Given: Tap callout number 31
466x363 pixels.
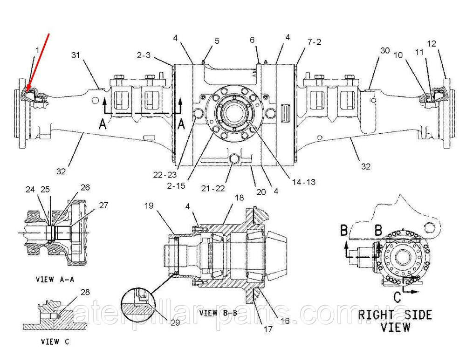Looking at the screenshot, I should point(76,55).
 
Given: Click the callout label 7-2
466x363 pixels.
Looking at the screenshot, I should point(315,42).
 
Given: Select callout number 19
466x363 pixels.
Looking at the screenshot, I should point(149,205).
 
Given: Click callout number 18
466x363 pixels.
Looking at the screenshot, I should point(239,198).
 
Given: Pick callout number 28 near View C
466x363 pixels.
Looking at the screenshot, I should point(85,292).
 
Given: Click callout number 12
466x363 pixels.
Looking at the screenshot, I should point(431,44).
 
